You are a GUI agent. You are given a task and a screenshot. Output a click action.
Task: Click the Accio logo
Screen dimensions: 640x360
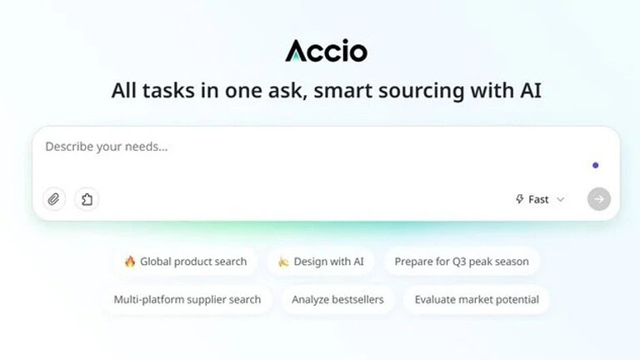(x=326, y=51)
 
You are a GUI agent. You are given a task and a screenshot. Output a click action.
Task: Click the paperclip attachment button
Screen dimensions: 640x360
(x=54, y=199)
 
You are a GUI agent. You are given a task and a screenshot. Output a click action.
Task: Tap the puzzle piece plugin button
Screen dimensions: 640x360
(x=87, y=199)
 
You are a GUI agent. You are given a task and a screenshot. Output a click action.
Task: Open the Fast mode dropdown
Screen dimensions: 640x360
(x=540, y=199)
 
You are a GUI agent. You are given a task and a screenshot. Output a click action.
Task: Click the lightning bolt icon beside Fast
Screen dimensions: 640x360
(x=520, y=199)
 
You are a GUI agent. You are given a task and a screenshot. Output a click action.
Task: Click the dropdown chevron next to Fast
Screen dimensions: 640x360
(x=561, y=200)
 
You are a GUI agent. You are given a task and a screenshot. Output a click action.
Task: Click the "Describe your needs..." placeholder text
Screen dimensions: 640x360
(x=107, y=147)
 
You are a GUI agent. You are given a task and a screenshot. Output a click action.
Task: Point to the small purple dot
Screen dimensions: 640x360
(x=596, y=165)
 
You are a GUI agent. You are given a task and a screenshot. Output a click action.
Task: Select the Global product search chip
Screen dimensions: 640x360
(x=186, y=261)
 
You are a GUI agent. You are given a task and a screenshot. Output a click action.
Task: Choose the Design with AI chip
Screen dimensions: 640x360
(x=321, y=261)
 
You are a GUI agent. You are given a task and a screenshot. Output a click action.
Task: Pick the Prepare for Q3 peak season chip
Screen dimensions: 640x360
(x=462, y=261)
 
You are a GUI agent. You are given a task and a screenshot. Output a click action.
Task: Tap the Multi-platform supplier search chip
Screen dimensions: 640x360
(x=187, y=300)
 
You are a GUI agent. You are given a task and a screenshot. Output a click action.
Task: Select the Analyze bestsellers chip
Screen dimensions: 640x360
(x=337, y=300)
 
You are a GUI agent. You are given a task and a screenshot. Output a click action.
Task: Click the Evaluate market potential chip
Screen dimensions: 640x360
(x=477, y=300)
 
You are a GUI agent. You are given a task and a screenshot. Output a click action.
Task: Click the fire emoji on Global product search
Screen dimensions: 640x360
(x=130, y=261)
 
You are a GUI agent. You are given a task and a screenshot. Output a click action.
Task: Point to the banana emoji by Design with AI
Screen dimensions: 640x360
(x=283, y=262)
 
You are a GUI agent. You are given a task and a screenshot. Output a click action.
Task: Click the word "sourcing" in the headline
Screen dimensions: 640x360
(x=421, y=91)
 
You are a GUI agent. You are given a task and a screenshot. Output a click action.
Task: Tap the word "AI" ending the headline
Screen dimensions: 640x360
(x=531, y=90)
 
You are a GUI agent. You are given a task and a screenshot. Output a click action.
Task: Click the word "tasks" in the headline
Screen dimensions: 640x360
(x=168, y=90)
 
